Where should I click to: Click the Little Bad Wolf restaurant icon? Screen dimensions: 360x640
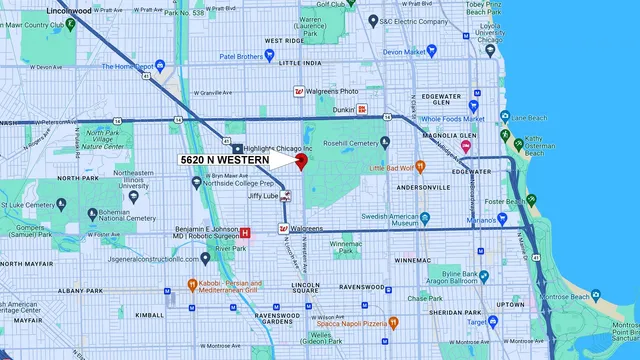(378, 168)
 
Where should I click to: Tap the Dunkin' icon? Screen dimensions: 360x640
(363, 109)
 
